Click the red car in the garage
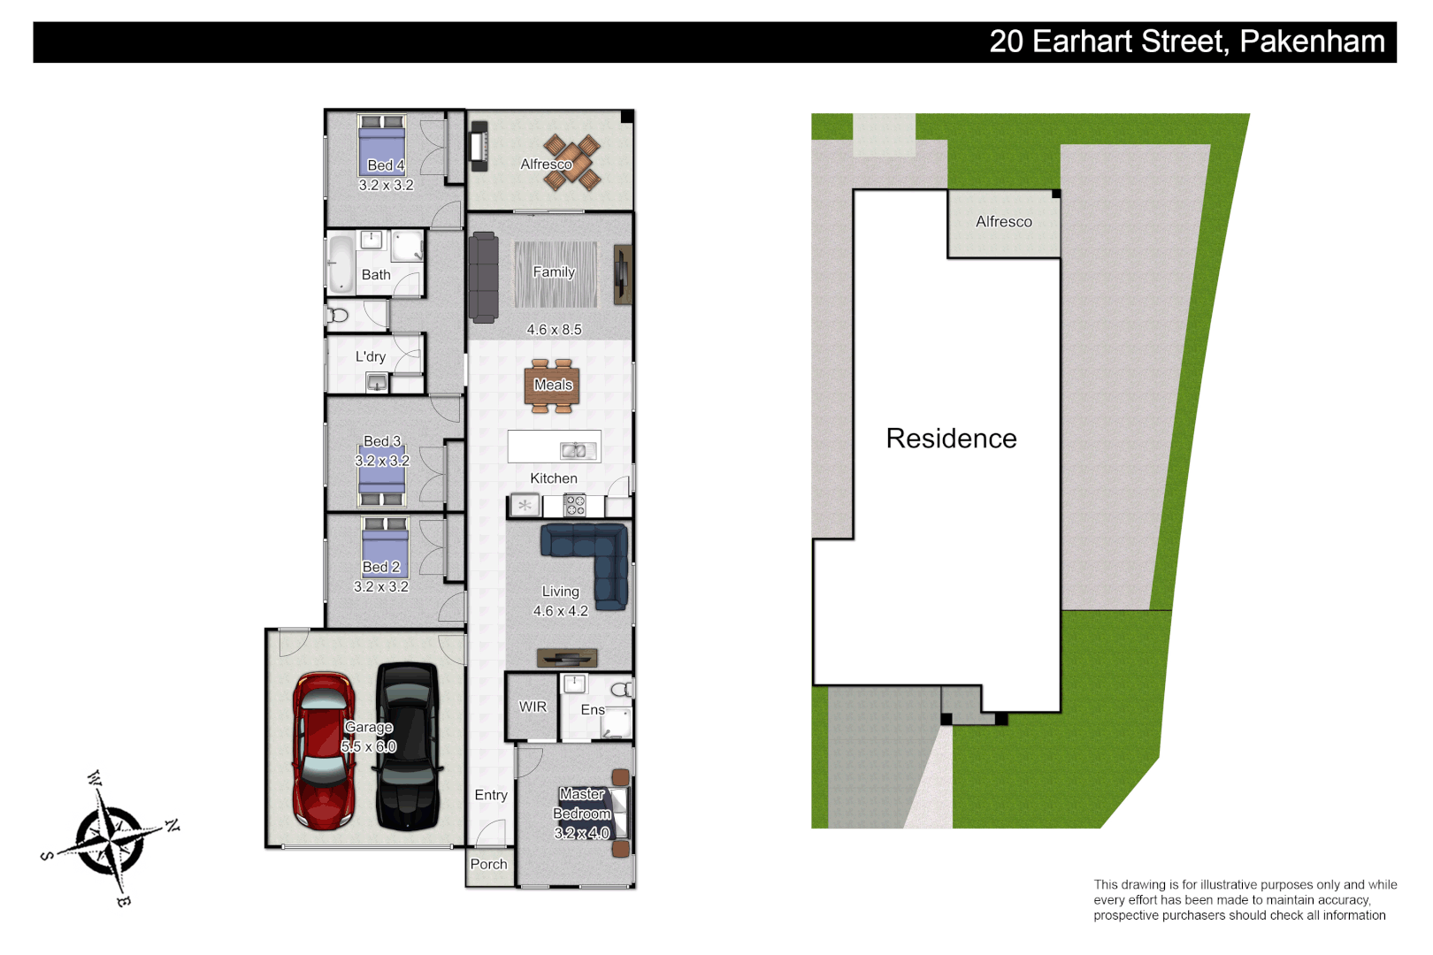(324, 752)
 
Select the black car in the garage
(407, 747)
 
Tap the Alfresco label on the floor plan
(546, 164)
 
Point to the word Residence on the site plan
(951, 439)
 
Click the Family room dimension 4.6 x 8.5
(554, 330)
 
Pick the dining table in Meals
(553, 386)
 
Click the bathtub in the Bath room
(341, 263)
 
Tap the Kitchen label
(554, 478)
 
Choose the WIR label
(533, 707)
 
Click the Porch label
(489, 864)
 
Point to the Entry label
(491, 795)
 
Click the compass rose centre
(111, 837)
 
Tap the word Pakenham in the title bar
(1312, 42)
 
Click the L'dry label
(371, 356)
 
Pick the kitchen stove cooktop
(575, 506)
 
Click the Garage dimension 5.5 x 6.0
(369, 746)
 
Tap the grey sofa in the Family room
(483, 278)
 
